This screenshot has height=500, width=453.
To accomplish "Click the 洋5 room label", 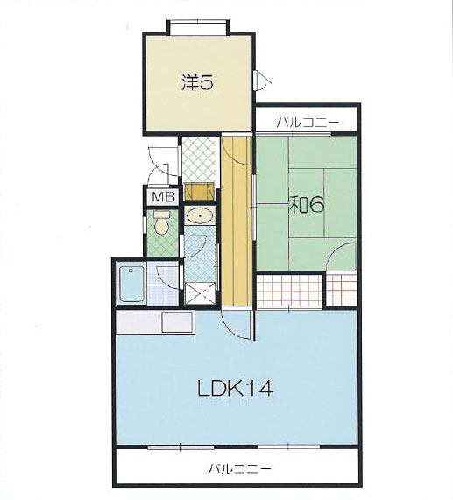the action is pos(197,82).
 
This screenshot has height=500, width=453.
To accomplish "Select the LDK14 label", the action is pos(236,389).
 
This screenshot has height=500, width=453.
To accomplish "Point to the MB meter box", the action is pos(164,197).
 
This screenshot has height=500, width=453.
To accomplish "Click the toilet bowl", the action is pos(161,223).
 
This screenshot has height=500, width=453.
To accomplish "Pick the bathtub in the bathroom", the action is pos(131,284).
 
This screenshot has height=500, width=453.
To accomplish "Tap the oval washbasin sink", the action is pos(200,215).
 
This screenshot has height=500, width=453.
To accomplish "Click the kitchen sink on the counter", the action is pos(178,321).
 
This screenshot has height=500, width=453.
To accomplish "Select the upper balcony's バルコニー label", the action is pos(303,122).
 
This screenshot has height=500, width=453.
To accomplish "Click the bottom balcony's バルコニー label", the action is pos(240,468).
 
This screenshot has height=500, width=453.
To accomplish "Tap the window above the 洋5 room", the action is pos(198,26).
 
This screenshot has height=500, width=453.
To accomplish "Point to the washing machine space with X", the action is pos(201,292).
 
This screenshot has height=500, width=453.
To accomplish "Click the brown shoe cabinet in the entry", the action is pos(199,191).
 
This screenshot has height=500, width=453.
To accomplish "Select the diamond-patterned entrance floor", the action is pos(201,158).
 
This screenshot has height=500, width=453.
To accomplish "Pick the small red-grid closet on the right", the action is pos(342,290).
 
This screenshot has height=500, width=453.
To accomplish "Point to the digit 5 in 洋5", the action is pos(206,83).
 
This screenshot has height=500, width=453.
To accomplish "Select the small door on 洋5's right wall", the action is pos(262,80).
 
